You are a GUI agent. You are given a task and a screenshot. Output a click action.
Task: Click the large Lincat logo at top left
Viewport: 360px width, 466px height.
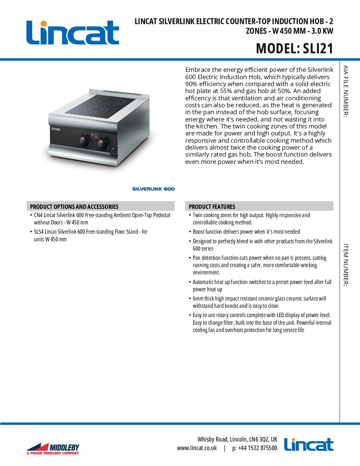pyautogui.click(x=72, y=32)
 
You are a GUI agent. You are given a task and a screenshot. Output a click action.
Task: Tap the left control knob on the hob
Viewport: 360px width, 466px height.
pyautogui.click(x=85, y=142)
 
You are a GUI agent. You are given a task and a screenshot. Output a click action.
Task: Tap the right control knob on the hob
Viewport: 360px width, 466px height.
pyautogui.click(x=103, y=144)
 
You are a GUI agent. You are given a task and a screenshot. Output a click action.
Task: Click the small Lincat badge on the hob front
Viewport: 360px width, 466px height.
pyautogui.click(x=56, y=129)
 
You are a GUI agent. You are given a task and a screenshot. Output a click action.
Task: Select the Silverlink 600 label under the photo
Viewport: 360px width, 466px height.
pyautogui.click(x=153, y=189)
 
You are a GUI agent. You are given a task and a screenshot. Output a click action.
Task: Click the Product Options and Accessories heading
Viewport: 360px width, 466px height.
pyautogui.click(x=74, y=207)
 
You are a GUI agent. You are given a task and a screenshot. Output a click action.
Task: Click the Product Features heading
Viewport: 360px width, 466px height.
pyautogui.click(x=212, y=207)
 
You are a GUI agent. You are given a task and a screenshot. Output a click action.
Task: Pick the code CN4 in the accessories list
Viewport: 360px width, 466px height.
pyautogui.click(x=38, y=215)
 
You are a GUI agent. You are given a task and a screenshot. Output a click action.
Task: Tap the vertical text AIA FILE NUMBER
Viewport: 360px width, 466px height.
pyautogui.click(x=345, y=91)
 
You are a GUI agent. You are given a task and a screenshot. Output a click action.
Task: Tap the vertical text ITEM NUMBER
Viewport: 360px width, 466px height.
pyautogui.click(x=345, y=265)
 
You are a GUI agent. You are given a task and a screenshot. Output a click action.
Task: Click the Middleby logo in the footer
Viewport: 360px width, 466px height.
pyautogui.click(x=53, y=448)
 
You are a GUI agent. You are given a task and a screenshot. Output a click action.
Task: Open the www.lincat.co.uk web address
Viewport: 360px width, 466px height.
pyautogui.click(x=197, y=448)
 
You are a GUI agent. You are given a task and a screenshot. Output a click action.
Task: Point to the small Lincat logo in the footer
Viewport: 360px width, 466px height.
pyautogui.click(x=308, y=445)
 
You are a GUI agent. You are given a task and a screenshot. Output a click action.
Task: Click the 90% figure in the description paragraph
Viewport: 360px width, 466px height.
pyautogui.click(x=192, y=84)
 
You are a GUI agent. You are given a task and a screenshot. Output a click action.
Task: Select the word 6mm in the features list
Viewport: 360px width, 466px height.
pyautogui.click(x=198, y=299)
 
